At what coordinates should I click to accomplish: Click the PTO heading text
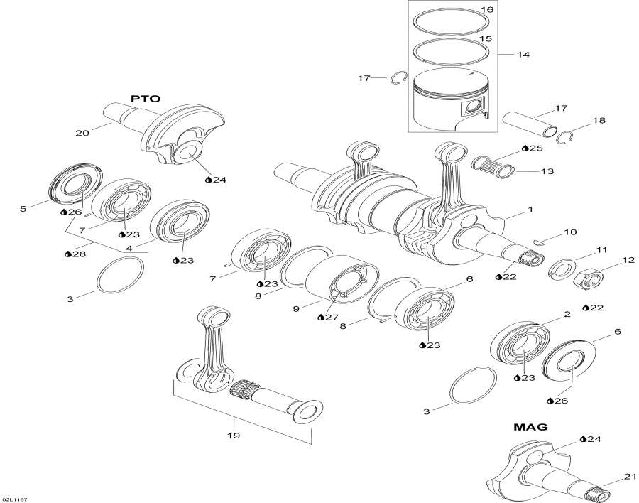point(146,99)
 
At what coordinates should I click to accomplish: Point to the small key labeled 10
point(538,242)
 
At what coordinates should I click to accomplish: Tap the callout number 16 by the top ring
point(486,9)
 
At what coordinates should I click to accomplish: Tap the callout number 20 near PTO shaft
point(82,133)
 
